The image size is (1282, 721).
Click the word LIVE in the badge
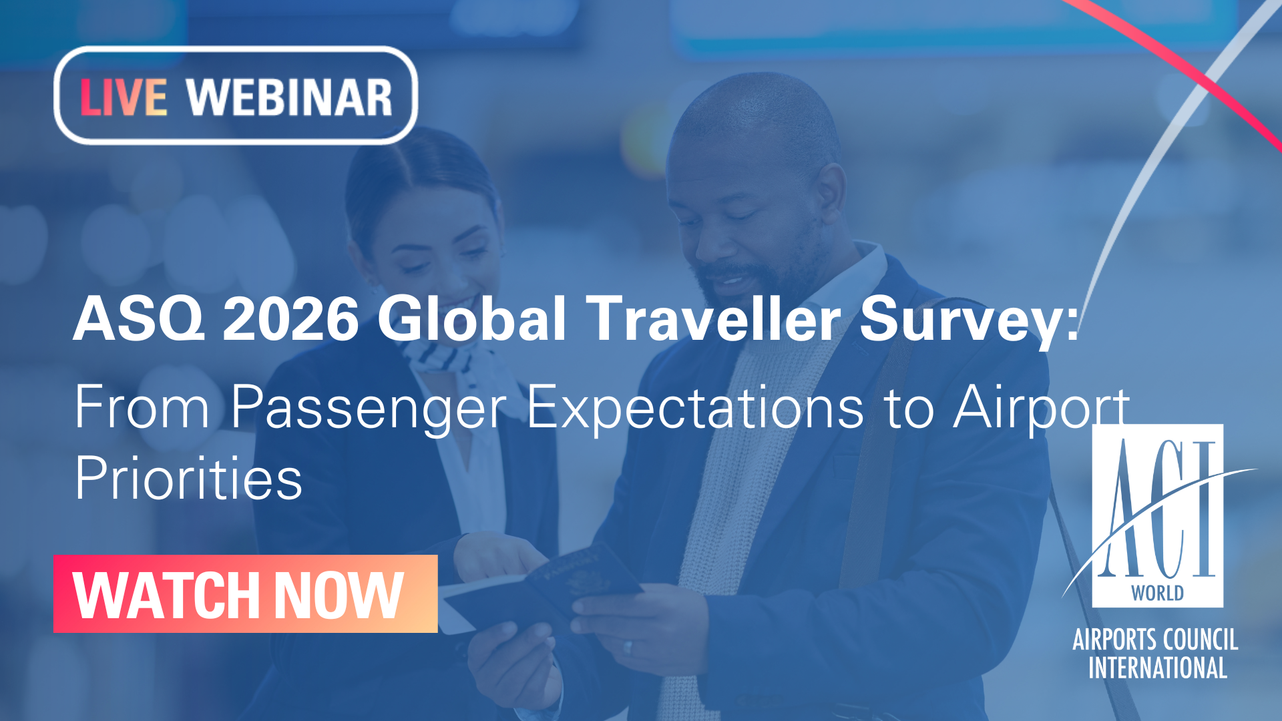124,97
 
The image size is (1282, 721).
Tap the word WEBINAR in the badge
289,97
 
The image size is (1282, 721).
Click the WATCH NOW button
245,593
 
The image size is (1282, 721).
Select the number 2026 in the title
290,318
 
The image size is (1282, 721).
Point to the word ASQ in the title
138,318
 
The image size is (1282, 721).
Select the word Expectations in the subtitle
695,409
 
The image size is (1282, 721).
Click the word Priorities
188,478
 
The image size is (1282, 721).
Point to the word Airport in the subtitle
1042,409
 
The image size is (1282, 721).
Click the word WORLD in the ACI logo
1157,593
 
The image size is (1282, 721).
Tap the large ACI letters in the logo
1158,509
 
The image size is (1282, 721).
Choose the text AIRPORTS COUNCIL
1155,640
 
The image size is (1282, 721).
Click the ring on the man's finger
627,647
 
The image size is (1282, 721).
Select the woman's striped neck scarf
444,357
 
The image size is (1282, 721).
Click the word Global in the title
472,318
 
